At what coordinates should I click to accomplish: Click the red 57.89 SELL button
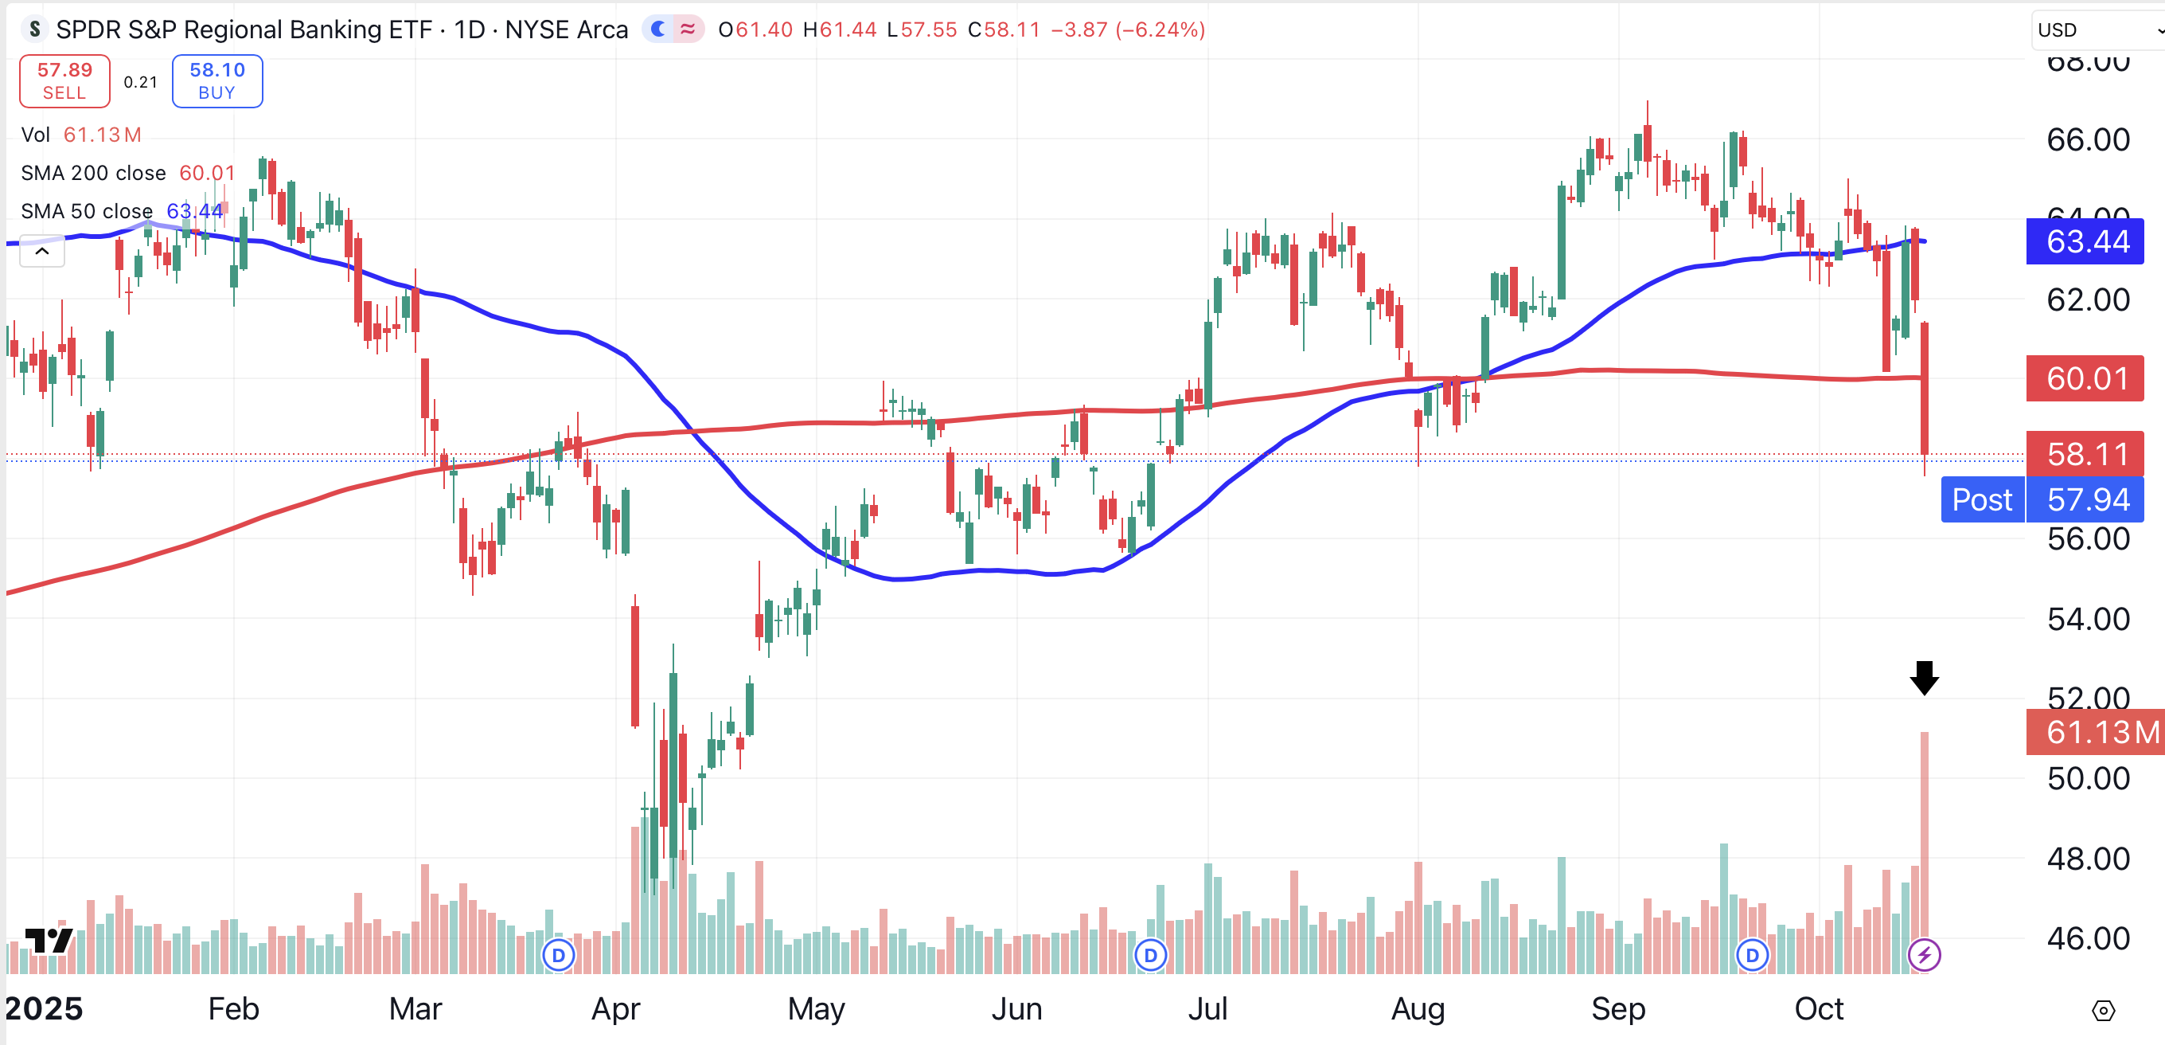64,81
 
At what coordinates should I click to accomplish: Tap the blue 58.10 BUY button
216,81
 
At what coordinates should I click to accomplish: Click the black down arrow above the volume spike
1924,678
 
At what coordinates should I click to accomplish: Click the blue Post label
1982,500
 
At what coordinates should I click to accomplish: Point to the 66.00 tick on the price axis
2088,139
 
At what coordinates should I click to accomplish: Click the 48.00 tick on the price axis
2088,859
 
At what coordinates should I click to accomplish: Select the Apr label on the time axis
615,1009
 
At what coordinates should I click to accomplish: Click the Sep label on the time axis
1618,1009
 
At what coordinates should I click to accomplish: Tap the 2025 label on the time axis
44,1009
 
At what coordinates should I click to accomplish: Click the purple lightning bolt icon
1924,955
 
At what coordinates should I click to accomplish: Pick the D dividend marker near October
1751,955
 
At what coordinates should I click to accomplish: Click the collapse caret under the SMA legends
42,252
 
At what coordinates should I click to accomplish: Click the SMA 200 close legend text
93,173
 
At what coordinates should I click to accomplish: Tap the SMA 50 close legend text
87,211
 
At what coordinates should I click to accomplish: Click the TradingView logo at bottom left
49,940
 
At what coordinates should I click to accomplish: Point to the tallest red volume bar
1924,849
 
